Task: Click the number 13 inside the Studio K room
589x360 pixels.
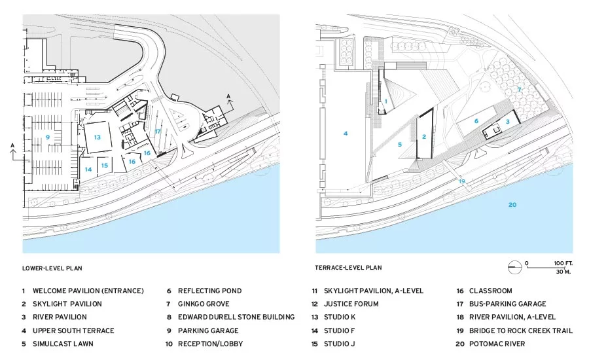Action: point(98,137)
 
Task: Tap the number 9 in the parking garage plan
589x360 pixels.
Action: point(48,137)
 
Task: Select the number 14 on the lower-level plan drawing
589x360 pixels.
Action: point(88,169)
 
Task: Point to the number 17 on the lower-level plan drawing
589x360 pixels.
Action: point(157,132)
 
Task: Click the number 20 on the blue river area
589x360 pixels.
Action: point(512,205)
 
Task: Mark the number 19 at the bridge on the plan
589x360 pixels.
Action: point(461,181)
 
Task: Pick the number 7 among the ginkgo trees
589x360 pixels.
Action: point(520,90)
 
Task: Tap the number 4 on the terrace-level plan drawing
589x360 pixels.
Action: point(346,133)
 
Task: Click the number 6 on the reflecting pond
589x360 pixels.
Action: point(476,121)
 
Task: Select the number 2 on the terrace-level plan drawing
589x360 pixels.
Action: point(424,137)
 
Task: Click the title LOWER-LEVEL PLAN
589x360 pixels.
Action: point(52,268)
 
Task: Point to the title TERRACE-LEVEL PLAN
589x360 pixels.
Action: point(348,268)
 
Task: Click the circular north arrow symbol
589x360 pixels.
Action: point(514,267)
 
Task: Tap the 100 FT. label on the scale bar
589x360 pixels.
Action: point(563,263)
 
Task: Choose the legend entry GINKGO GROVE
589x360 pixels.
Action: point(204,304)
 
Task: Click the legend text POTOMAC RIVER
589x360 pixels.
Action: point(497,344)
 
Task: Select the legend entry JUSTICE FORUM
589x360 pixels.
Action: point(351,304)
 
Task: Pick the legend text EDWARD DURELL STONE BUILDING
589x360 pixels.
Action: point(236,317)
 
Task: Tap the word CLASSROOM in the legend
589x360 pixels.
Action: point(491,291)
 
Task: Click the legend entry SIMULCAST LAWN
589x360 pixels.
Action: point(63,344)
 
